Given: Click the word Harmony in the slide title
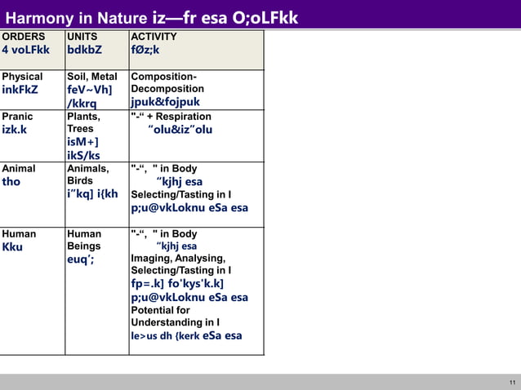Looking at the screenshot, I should (x=39, y=17).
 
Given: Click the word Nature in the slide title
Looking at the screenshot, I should (x=121, y=17).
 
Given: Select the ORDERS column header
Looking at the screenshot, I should (x=23, y=37).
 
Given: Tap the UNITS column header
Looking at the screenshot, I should (x=82, y=37).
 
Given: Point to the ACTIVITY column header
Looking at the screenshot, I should (x=154, y=37).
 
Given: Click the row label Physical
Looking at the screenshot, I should (x=23, y=77).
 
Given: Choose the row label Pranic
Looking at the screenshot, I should (x=18, y=117).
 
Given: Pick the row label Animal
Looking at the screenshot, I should (x=19, y=169).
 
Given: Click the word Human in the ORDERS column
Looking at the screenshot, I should (x=18, y=233).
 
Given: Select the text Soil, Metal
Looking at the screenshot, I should (x=92, y=77).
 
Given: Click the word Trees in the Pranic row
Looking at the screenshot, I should (x=81, y=129).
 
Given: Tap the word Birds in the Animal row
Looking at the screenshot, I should (x=81, y=181).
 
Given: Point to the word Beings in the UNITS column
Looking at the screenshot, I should (x=84, y=246).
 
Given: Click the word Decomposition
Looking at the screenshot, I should (x=167, y=88).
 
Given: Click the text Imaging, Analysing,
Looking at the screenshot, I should (x=178, y=259).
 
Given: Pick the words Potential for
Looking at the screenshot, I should (x=160, y=310).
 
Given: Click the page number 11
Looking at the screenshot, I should (x=512, y=383).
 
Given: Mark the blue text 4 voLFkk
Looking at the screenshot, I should (x=26, y=51).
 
